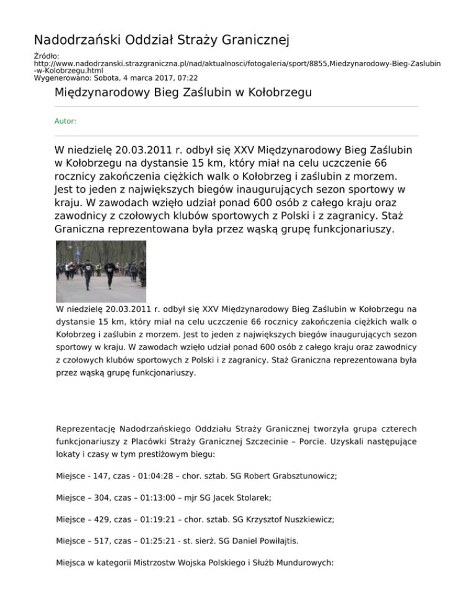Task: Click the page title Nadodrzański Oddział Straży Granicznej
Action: click(x=162, y=41)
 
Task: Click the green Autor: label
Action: click(x=66, y=121)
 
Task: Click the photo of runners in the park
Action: click(x=101, y=271)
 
